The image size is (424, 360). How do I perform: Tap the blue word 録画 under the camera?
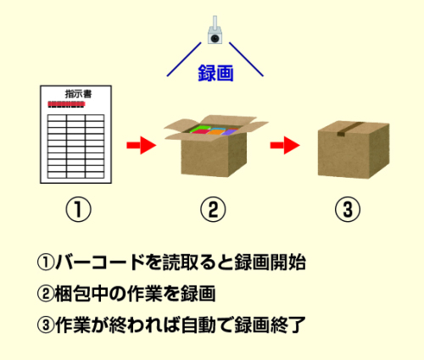(x=215, y=73)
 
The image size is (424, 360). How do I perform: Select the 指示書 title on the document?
(x=78, y=94)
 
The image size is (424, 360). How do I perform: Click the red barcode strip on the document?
(x=66, y=104)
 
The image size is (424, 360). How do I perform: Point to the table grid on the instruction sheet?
(x=75, y=147)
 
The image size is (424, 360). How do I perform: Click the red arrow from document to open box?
(x=142, y=146)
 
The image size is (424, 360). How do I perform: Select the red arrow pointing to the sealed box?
(x=285, y=146)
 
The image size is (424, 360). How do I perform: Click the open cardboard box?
(x=214, y=146)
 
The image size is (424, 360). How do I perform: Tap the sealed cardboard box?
(x=354, y=150)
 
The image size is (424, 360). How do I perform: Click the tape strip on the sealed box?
(x=349, y=129)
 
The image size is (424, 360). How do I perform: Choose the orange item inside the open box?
(x=217, y=131)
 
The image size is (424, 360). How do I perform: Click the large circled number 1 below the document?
(x=79, y=209)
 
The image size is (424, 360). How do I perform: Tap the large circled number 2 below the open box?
(x=213, y=209)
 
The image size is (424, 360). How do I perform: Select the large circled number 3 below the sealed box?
(x=348, y=209)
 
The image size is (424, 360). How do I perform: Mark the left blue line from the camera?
(x=184, y=59)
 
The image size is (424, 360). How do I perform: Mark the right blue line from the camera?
(x=246, y=59)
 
